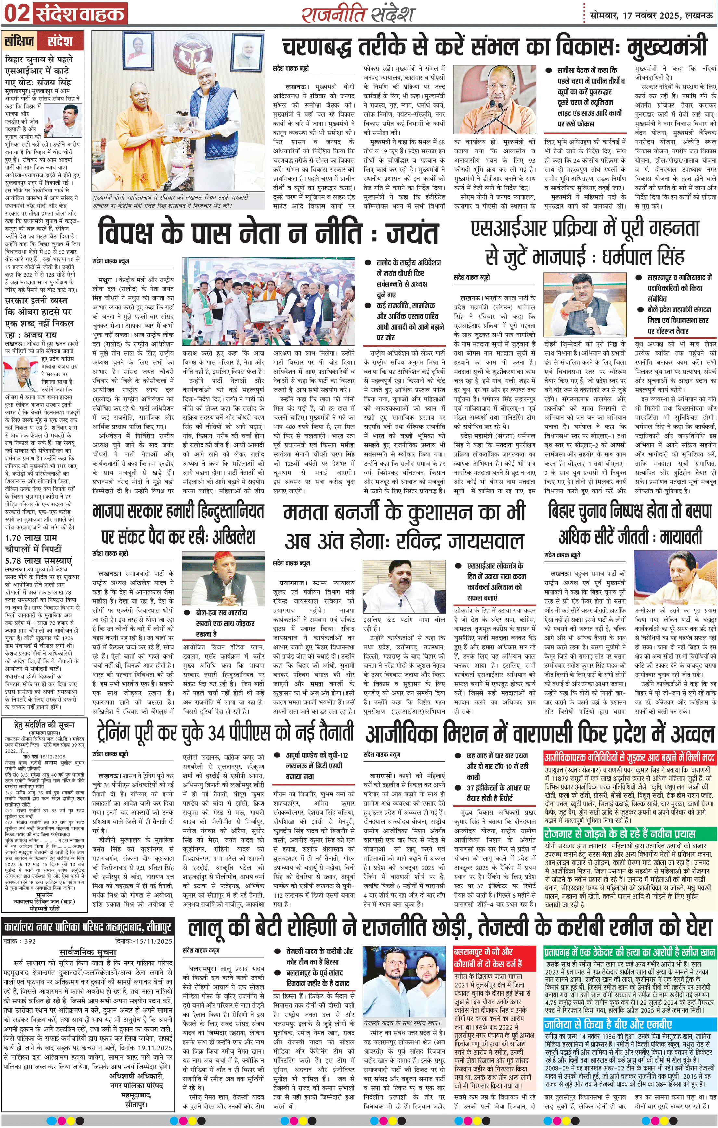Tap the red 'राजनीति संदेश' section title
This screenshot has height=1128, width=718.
pyautogui.click(x=358, y=14)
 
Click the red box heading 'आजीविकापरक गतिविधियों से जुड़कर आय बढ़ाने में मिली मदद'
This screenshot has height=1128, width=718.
pyautogui.click(x=630, y=757)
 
